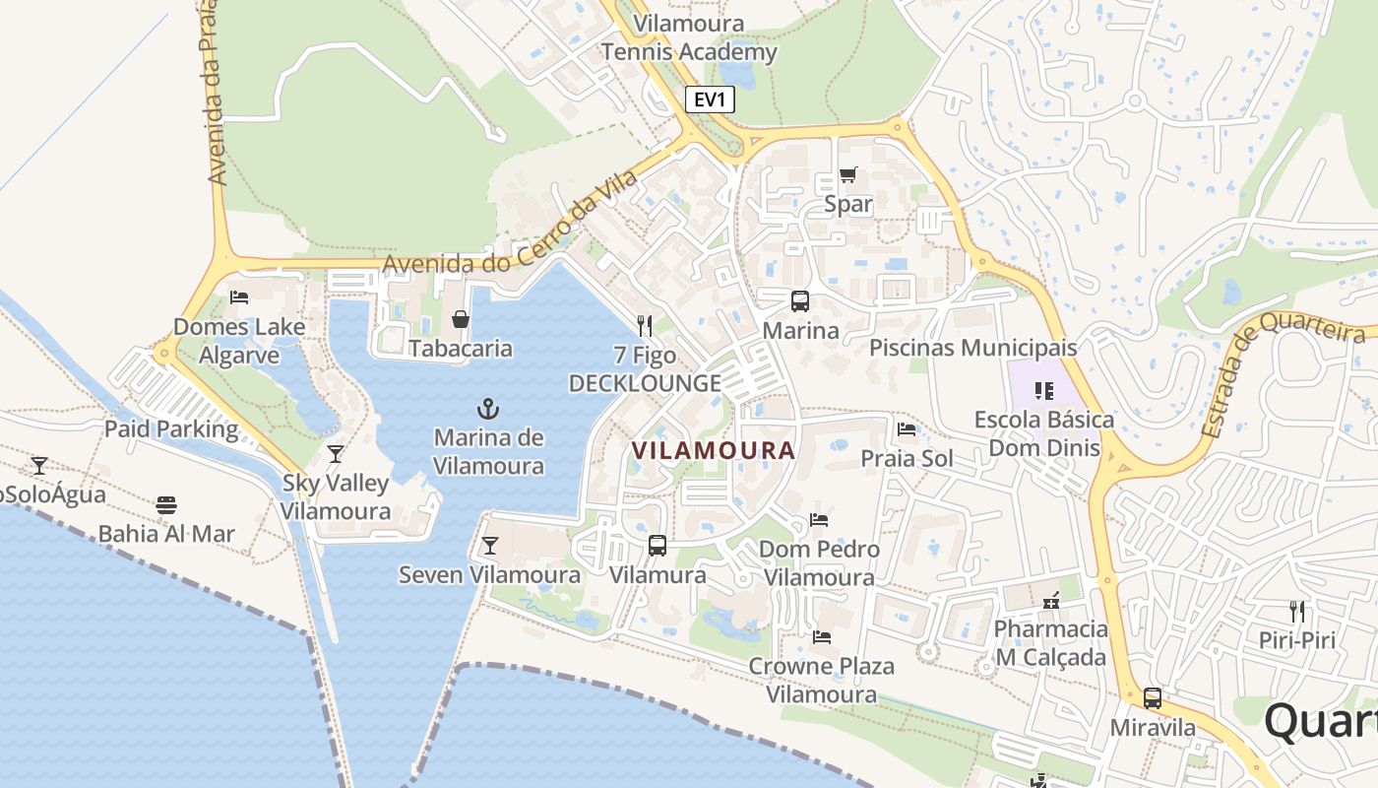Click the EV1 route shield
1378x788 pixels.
pyautogui.click(x=710, y=99)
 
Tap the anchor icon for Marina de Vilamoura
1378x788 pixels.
pyautogui.click(x=487, y=407)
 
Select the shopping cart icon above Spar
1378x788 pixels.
pyautogui.click(x=848, y=175)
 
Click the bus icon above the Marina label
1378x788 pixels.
pyautogui.click(x=800, y=301)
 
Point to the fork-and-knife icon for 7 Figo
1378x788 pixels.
pyautogui.click(x=645, y=325)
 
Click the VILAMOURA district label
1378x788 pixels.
pyautogui.click(x=713, y=450)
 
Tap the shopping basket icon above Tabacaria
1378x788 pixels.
pyautogui.click(x=460, y=319)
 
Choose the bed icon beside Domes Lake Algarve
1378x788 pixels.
pyautogui.click(x=238, y=296)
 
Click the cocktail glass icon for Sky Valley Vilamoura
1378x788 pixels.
pyautogui.click(x=336, y=454)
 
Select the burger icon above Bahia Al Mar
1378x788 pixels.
pyautogui.click(x=165, y=505)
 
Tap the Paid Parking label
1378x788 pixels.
pyautogui.click(x=171, y=428)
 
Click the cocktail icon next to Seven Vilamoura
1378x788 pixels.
pyautogui.click(x=489, y=546)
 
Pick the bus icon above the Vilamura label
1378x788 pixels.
pyautogui.click(x=658, y=545)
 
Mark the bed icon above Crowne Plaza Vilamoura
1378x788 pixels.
pyautogui.click(x=822, y=636)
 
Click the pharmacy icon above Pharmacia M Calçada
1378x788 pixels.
pyautogui.click(x=1051, y=600)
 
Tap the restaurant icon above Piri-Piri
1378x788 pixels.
pyautogui.click(x=1296, y=611)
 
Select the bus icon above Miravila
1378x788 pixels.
pyautogui.click(x=1152, y=698)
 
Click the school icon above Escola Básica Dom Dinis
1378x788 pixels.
pyautogui.click(x=1044, y=391)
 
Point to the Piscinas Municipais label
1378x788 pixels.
pyautogui.click(x=972, y=348)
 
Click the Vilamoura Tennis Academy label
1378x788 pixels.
pyautogui.click(x=689, y=37)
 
